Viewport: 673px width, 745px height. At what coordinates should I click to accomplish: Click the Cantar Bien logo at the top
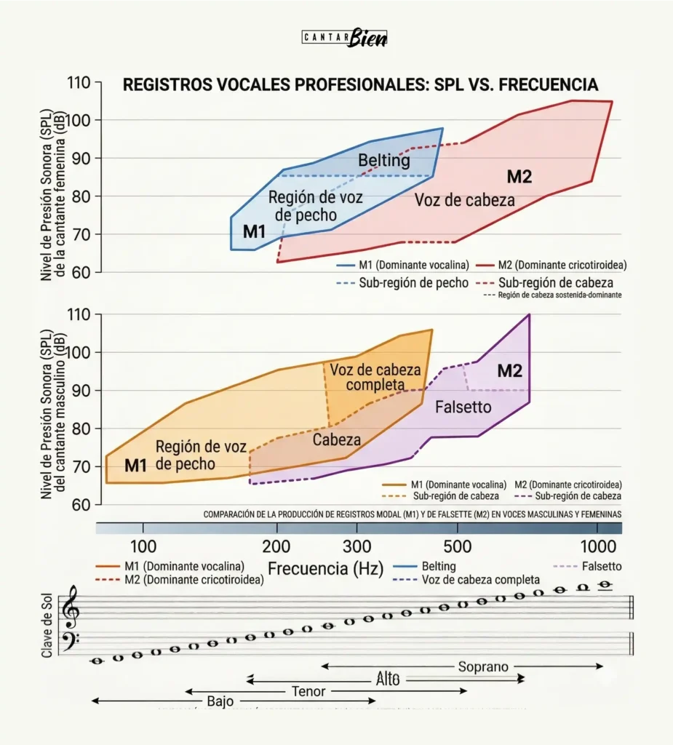(x=344, y=38)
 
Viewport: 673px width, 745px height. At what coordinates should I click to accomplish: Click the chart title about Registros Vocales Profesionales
(x=360, y=85)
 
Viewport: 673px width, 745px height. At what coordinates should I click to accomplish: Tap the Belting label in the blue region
(x=383, y=160)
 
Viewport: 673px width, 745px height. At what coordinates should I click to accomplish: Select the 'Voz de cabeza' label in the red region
(x=465, y=200)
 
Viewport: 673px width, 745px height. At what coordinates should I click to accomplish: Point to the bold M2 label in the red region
(x=519, y=176)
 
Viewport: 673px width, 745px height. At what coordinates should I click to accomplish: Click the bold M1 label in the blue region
(x=254, y=231)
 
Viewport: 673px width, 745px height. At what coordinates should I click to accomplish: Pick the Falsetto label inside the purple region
(x=463, y=407)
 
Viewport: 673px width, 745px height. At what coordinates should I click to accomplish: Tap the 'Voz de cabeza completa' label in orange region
(x=375, y=376)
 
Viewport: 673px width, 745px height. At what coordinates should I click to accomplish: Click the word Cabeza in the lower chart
(x=337, y=439)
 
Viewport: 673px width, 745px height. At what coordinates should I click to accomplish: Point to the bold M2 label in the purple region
(x=509, y=371)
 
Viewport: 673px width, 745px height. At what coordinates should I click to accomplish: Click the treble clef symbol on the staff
(x=71, y=608)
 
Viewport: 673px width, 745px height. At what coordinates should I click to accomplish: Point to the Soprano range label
(x=483, y=666)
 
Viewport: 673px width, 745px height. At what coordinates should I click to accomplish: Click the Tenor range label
(x=308, y=691)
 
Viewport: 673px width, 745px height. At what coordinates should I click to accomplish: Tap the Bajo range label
(x=220, y=701)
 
